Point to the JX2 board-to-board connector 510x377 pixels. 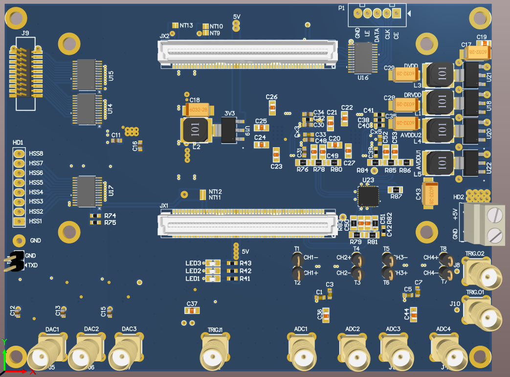click(247, 52)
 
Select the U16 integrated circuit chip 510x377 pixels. click(362, 58)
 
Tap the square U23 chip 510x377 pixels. click(368, 196)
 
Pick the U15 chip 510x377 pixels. click(86, 75)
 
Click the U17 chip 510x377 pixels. click(86, 191)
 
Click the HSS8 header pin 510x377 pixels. click(19, 154)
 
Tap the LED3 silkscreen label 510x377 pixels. click(193, 264)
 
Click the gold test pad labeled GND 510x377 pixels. click(19, 240)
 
